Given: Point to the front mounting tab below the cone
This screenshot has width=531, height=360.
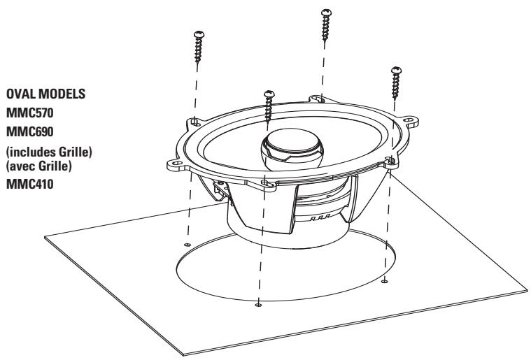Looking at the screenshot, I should click(267, 183).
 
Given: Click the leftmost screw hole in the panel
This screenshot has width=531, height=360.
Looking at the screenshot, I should click(187, 244).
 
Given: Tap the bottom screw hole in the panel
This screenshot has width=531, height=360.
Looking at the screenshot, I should click(259, 305).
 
